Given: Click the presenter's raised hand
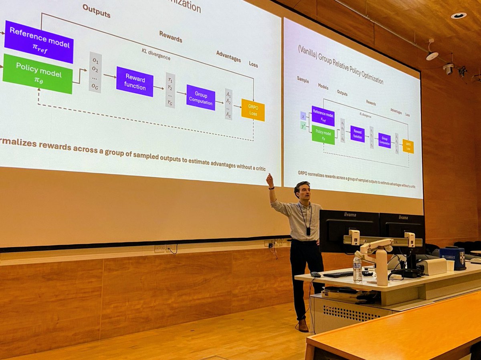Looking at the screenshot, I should [x=270, y=180].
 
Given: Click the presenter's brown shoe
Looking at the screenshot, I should [x=303, y=326].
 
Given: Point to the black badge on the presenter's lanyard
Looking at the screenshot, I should [x=308, y=231].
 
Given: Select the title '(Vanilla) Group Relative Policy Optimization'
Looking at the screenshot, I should [x=340, y=64].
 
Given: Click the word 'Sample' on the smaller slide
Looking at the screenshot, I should [x=303, y=80].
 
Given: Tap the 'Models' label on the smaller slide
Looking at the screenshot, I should [x=323, y=86].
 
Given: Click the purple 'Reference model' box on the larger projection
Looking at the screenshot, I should [x=39, y=42].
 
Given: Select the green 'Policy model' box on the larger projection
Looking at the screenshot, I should [x=38, y=74].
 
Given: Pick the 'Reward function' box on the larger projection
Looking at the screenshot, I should [x=135, y=81].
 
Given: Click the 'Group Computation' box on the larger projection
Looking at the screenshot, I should [x=200, y=97].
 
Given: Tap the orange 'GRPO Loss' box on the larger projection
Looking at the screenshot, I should [x=253, y=110].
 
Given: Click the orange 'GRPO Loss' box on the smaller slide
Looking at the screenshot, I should [x=408, y=146].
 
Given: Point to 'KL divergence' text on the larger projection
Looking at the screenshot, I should [x=156, y=54].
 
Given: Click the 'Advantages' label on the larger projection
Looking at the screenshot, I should [x=228, y=56].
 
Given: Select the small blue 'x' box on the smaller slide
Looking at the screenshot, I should [x=303, y=116].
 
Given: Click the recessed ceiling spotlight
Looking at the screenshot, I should [x=458, y=16].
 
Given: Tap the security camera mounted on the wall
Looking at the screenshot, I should [x=449, y=68].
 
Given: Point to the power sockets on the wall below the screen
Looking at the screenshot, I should [x=160, y=249].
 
